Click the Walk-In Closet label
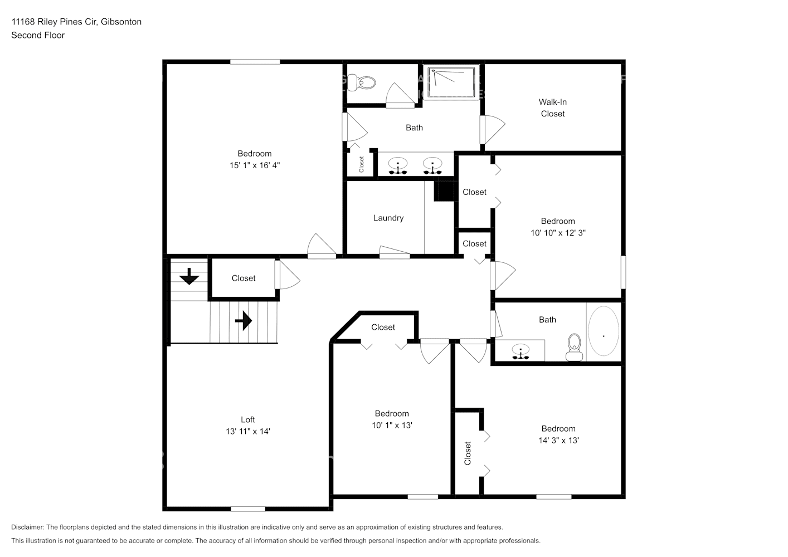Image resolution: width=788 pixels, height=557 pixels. (552, 108)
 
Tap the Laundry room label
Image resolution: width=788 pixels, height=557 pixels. (388, 218)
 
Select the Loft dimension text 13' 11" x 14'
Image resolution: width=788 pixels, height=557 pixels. (248, 431)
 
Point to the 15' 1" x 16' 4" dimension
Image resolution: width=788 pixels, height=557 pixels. (255, 165)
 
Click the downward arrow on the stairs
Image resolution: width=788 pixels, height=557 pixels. (189, 276)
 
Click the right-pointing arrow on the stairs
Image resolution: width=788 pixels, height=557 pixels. (244, 321)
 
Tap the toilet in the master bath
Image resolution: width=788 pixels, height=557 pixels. (366, 82)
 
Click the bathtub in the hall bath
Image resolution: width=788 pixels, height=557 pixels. (603, 331)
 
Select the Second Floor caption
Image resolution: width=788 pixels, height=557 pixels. (38, 35)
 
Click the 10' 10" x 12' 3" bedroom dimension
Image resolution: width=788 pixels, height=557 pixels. (558, 233)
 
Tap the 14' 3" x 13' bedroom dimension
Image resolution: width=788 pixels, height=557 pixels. (558, 440)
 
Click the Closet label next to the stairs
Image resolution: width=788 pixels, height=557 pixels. (244, 278)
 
